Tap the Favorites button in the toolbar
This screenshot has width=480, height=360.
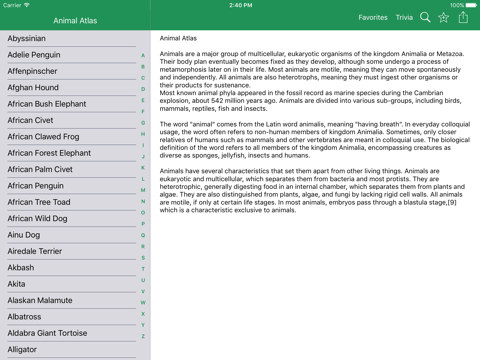pyautogui.click(x=373, y=18)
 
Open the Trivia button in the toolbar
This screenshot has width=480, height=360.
pyautogui.click(x=404, y=18)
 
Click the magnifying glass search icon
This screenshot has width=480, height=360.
pyautogui.click(x=425, y=18)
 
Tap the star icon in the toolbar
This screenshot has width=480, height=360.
pyautogui.click(x=444, y=18)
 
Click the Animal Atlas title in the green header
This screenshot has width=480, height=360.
pyautogui.click(x=76, y=20)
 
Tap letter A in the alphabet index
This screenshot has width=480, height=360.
pyautogui.click(x=143, y=56)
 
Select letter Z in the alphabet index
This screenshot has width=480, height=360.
pyautogui.click(x=143, y=336)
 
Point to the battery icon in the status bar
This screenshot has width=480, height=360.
pyautogui.click(x=470, y=5)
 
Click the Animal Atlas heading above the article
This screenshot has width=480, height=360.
pyautogui.click(x=179, y=39)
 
